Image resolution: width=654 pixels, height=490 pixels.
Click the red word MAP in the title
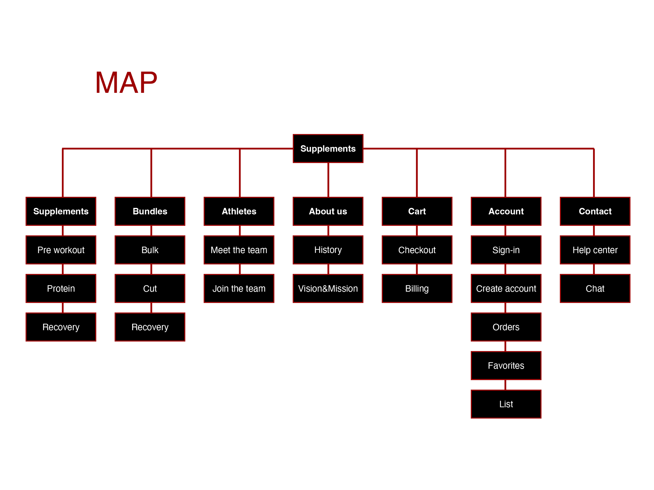tap(126, 82)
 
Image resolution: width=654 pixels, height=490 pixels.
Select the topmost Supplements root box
tap(328, 148)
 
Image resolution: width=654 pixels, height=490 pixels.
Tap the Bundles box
tap(150, 211)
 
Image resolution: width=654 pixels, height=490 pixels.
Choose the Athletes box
tap(239, 211)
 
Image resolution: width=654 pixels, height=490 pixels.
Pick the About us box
tap(328, 211)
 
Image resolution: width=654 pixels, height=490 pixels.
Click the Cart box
tap(417, 211)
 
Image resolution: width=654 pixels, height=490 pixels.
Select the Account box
tap(506, 211)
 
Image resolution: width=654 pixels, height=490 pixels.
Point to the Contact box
tap(595, 211)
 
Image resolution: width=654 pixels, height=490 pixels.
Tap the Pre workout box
tap(61, 250)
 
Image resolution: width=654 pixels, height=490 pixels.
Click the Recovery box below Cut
tap(150, 327)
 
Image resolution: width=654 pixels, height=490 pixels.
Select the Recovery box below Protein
tap(61, 327)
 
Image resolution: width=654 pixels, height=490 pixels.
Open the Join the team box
tap(239, 288)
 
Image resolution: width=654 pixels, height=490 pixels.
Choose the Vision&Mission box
tap(328, 288)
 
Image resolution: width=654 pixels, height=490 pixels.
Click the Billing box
tap(417, 288)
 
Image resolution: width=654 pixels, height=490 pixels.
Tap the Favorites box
tap(506, 366)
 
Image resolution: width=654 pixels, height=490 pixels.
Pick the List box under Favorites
tap(506, 404)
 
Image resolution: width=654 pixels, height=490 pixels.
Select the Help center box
tap(595, 250)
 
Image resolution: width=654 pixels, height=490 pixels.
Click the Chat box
tap(595, 288)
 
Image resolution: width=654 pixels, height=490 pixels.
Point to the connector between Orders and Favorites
tap(506, 346)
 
